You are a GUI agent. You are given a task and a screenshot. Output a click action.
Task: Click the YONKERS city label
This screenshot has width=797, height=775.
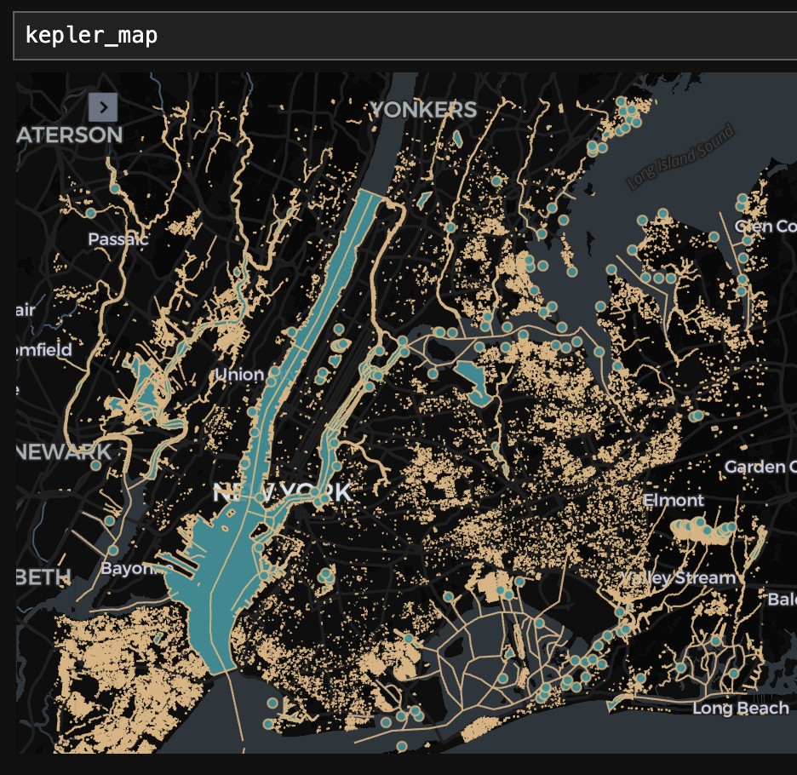point(423,110)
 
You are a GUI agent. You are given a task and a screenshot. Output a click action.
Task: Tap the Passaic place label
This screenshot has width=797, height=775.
point(118,239)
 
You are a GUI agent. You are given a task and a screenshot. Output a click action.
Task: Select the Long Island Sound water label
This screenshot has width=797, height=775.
point(680,158)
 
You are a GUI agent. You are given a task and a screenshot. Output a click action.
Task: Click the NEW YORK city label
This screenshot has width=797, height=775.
point(281,492)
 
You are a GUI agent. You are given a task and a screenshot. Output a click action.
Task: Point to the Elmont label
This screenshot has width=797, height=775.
point(674,500)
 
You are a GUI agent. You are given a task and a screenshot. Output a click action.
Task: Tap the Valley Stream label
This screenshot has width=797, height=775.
point(678,577)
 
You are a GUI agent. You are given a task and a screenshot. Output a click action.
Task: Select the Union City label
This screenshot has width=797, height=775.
point(239,375)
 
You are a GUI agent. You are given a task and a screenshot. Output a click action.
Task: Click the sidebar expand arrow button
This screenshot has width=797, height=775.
point(102,107)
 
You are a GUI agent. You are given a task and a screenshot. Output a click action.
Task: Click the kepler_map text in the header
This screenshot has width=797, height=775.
point(91,36)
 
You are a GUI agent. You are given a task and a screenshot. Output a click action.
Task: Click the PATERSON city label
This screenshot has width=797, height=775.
point(70,135)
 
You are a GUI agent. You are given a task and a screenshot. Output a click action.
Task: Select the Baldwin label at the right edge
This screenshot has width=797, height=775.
point(781,600)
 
